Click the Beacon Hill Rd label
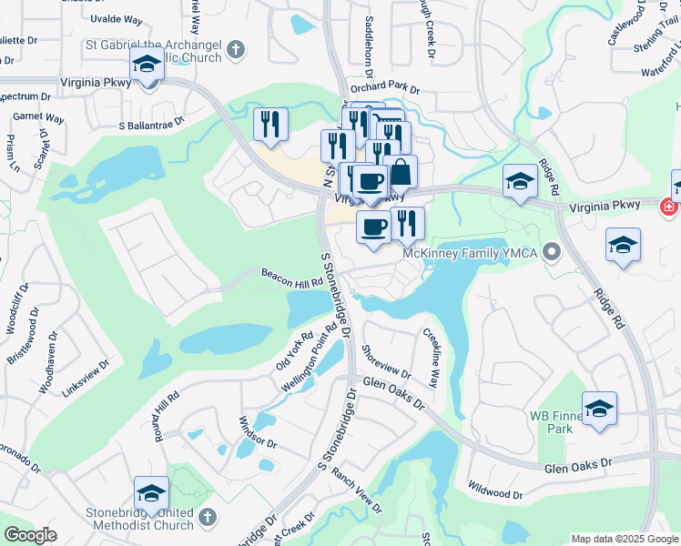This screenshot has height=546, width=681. click(x=292, y=277)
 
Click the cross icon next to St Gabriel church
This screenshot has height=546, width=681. click(x=235, y=49)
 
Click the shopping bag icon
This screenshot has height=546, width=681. click(x=400, y=171)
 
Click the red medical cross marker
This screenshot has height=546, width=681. click(x=670, y=207)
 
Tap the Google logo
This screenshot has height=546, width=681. click(x=30, y=534)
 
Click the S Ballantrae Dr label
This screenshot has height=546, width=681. click(x=151, y=121)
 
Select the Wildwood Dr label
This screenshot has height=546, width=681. click(x=494, y=490)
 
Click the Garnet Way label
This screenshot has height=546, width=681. click(x=38, y=118)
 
